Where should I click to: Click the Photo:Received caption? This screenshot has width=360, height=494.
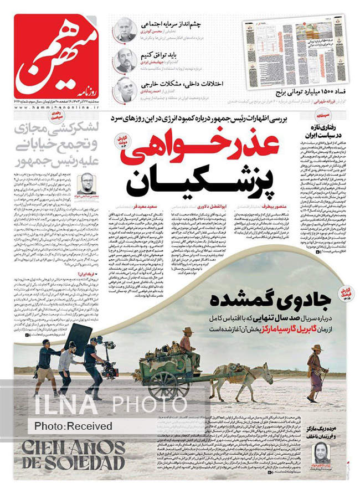[x=73, y=426]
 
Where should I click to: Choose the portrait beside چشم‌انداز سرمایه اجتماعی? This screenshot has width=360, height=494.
[x=125, y=30]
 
